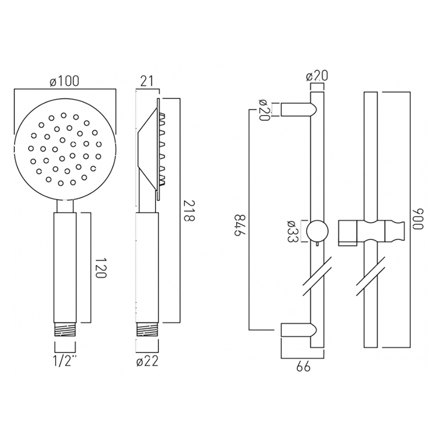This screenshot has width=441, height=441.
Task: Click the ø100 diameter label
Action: pos(64,81)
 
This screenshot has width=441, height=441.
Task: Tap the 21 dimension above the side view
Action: pos(146,81)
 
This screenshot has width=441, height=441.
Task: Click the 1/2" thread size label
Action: pos(64,362)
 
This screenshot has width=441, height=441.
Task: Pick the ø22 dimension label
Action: pos(147,362)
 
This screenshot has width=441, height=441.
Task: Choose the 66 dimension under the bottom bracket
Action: pos(303,366)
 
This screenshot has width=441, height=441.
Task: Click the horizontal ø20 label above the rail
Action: pos(317,76)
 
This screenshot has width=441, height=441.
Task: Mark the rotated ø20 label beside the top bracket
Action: pos(264,109)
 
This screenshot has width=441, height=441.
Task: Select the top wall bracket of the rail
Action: pos(298,109)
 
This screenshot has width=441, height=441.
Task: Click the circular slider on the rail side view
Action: pos(318,231)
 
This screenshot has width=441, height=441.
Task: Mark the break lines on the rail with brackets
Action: pos(318,278)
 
